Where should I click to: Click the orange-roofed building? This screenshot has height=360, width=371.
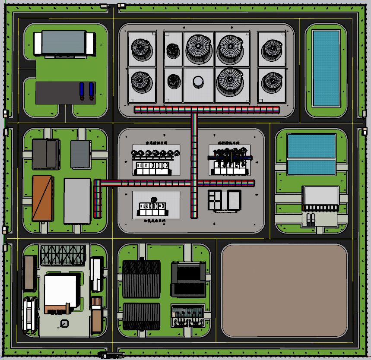coord(43,198)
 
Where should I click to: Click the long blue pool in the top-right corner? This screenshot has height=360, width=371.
coord(326,68)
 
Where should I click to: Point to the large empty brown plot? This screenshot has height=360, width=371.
coord(284,291)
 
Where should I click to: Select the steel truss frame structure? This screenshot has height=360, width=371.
coord(63,255)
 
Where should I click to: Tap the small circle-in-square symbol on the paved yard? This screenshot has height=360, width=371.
coord(64,323)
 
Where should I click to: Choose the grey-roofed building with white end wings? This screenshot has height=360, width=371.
coord(64,43)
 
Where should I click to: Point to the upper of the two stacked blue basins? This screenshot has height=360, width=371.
coord(311,146)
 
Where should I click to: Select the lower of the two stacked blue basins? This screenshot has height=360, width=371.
coord(311,167)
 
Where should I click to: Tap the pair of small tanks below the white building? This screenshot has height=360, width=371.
coord(311,220)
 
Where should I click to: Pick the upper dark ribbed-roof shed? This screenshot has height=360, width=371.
coord(141,279)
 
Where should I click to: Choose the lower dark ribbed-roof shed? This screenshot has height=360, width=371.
coord(141,316)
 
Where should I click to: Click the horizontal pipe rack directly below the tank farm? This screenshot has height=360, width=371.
coord(207,110)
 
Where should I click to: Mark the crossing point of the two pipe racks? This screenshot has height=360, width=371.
coord(194,183)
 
